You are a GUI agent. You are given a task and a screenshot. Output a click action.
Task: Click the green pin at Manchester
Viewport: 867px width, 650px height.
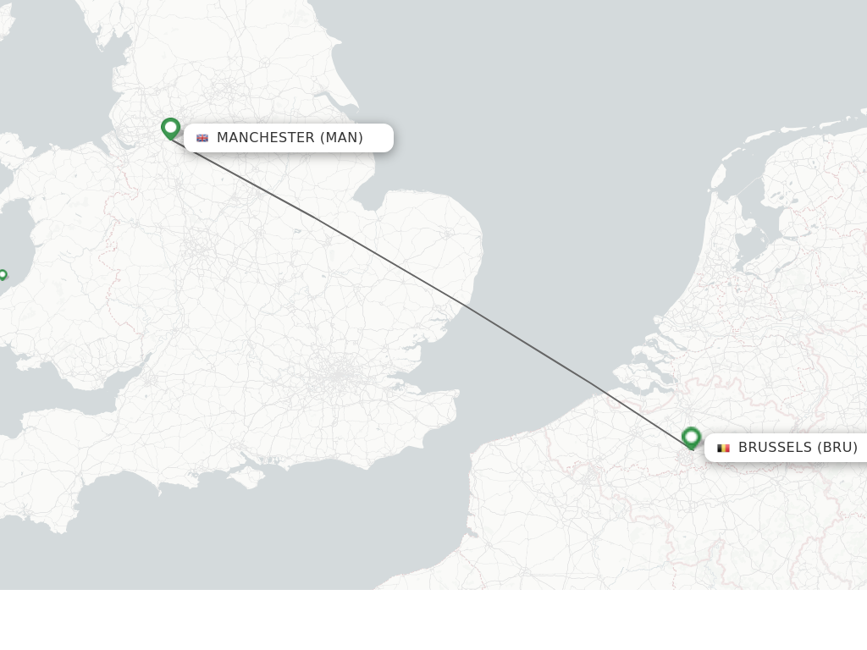pyautogui.click(x=170, y=128)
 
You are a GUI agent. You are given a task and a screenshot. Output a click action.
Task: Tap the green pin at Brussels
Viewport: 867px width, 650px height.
pyautogui.click(x=691, y=438)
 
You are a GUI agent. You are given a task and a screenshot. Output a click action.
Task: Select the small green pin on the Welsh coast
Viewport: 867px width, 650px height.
pyautogui.click(x=3, y=274)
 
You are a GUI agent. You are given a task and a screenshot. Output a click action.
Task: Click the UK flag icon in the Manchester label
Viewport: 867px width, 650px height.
pyautogui.click(x=202, y=138)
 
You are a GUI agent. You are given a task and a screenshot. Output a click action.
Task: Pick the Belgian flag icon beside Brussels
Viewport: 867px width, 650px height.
pyautogui.click(x=723, y=448)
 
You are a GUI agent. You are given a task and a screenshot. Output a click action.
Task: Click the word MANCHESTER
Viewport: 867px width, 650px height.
pyautogui.click(x=265, y=138)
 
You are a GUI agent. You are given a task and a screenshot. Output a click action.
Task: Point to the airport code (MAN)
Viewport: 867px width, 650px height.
pyautogui.click(x=341, y=138)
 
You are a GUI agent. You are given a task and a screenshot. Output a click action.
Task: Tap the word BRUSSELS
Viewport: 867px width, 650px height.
pyautogui.click(x=775, y=448)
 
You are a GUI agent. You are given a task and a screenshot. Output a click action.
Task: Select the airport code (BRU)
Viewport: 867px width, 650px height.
pyautogui.click(x=837, y=448)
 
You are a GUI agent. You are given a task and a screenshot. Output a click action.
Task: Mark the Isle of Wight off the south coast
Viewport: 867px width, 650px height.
pyautogui.click(x=248, y=478)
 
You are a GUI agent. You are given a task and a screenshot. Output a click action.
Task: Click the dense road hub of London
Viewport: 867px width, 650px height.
pyautogui.click(x=341, y=372)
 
